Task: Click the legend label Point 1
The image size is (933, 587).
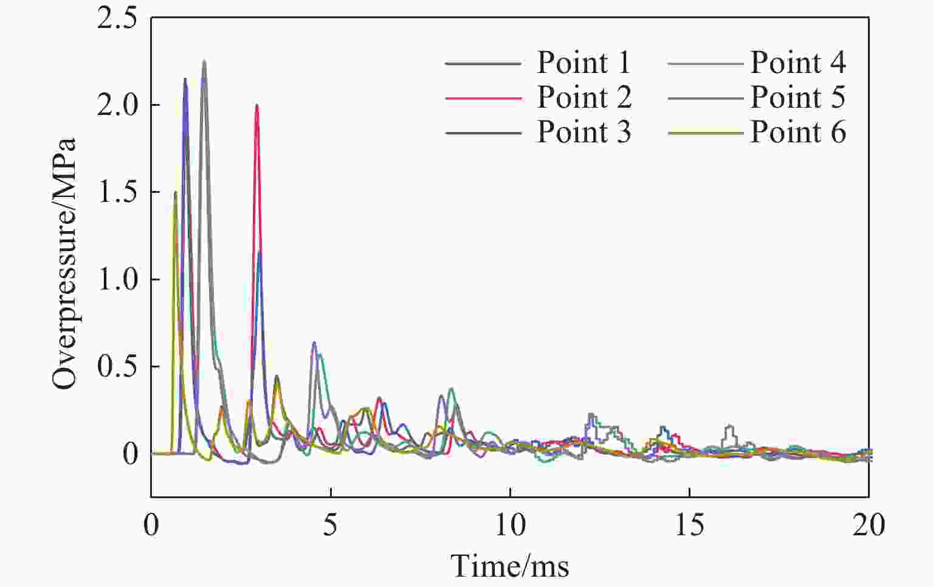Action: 584,63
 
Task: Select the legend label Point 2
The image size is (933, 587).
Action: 584,97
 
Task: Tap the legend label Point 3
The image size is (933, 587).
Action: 584,132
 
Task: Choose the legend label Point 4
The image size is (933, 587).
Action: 797,63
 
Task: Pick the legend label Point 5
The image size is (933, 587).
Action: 797,97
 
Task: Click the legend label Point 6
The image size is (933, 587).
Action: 797,132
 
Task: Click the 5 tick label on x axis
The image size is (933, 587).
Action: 330,525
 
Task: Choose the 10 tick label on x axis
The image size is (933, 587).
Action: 510,525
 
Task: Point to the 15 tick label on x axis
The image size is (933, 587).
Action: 689,525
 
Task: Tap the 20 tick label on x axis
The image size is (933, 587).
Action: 869,525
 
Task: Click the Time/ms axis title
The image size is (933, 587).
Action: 510,566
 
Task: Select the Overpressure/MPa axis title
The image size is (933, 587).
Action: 64,263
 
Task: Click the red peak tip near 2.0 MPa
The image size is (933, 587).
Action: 257,105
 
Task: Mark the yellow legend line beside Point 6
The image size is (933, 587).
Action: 705,133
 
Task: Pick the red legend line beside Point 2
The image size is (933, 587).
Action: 483,98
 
